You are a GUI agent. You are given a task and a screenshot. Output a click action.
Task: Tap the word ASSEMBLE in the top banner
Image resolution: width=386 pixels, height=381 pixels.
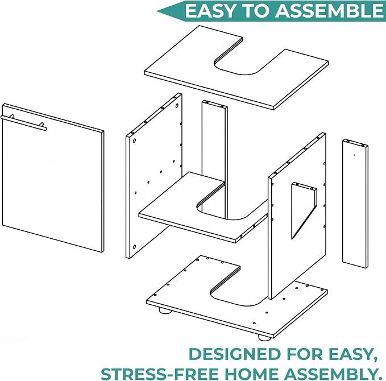coord(329,11)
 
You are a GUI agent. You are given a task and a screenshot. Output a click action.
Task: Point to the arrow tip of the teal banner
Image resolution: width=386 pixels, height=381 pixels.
coord(157,11)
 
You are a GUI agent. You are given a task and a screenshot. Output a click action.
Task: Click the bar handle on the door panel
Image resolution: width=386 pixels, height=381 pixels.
coord(24,123)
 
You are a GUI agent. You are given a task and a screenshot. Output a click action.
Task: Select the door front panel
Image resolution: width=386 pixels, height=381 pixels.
coord(53,178)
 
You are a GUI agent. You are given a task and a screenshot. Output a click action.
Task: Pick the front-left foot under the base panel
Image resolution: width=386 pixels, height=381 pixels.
coord(165,311)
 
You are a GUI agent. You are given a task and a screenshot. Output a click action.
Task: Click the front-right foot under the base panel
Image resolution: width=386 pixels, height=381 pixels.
coord(265,337)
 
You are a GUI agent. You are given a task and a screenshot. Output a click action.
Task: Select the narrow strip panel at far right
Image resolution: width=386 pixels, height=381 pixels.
coord(355,204)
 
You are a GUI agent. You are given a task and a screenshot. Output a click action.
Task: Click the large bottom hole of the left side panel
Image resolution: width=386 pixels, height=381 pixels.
coord(134,247)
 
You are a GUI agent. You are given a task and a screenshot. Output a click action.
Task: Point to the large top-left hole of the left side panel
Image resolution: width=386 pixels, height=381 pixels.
coord(134,141)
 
